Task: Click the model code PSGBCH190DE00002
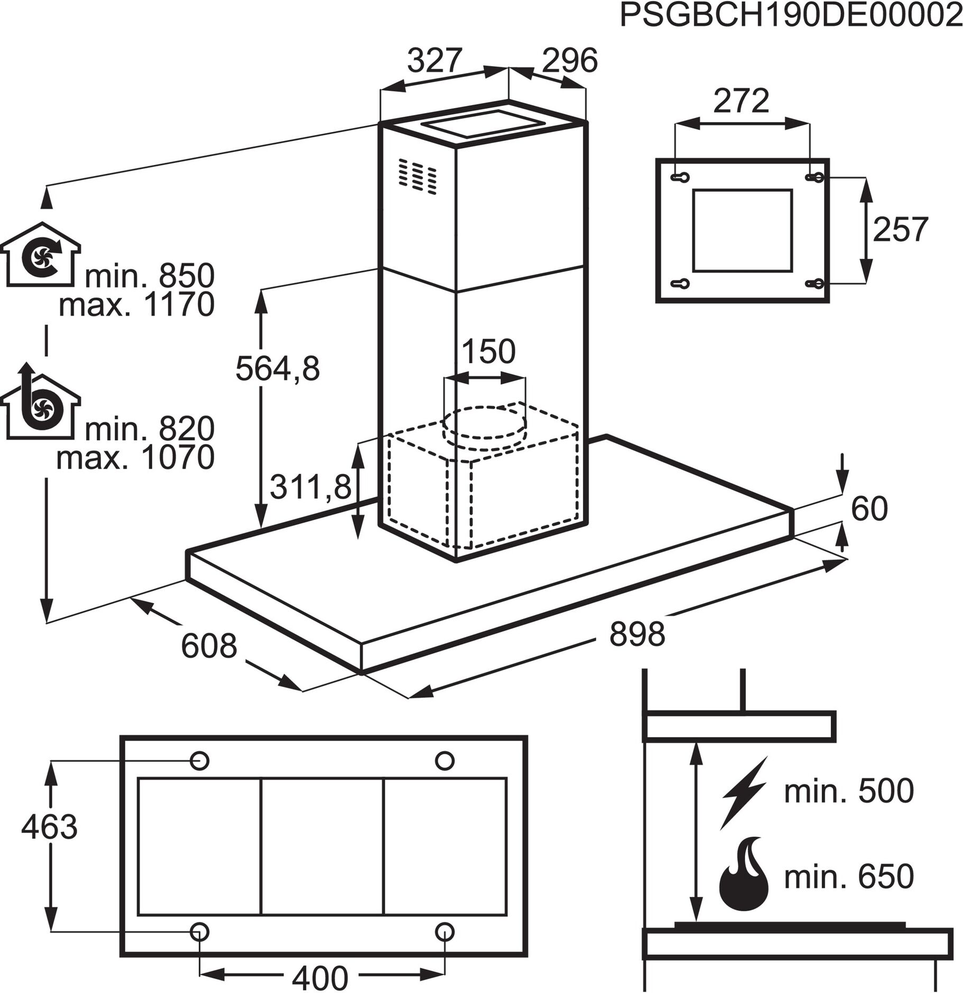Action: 790,16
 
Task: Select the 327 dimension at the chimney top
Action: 434,60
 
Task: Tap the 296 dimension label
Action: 570,60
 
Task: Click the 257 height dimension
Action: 900,229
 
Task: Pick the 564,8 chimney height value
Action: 277,368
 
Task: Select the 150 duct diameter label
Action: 488,351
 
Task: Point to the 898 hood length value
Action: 637,634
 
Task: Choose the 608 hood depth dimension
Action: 209,646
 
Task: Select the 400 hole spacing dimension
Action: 320,978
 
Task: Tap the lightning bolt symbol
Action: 743,793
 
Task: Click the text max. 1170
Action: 136,305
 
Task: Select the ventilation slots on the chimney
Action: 418,175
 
